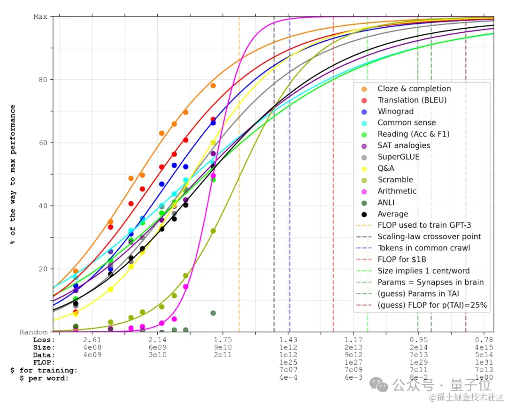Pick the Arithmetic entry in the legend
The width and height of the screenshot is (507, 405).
tap(397, 191)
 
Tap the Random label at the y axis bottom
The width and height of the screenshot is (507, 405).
tap(34, 332)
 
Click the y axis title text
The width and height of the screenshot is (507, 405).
tap(13, 174)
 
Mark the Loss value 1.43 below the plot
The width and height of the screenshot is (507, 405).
tap(288, 340)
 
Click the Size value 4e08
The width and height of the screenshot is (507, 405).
tap(92, 348)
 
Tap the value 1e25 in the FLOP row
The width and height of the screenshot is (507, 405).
tap(288, 363)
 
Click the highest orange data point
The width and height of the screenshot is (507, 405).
tap(213, 85)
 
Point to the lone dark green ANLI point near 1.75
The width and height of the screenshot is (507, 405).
tap(213, 313)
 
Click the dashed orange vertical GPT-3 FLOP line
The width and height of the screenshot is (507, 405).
tap(239, 188)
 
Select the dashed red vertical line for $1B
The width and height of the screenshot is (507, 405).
tap(333, 188)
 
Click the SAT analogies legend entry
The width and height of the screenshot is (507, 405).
tap(404, 145)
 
